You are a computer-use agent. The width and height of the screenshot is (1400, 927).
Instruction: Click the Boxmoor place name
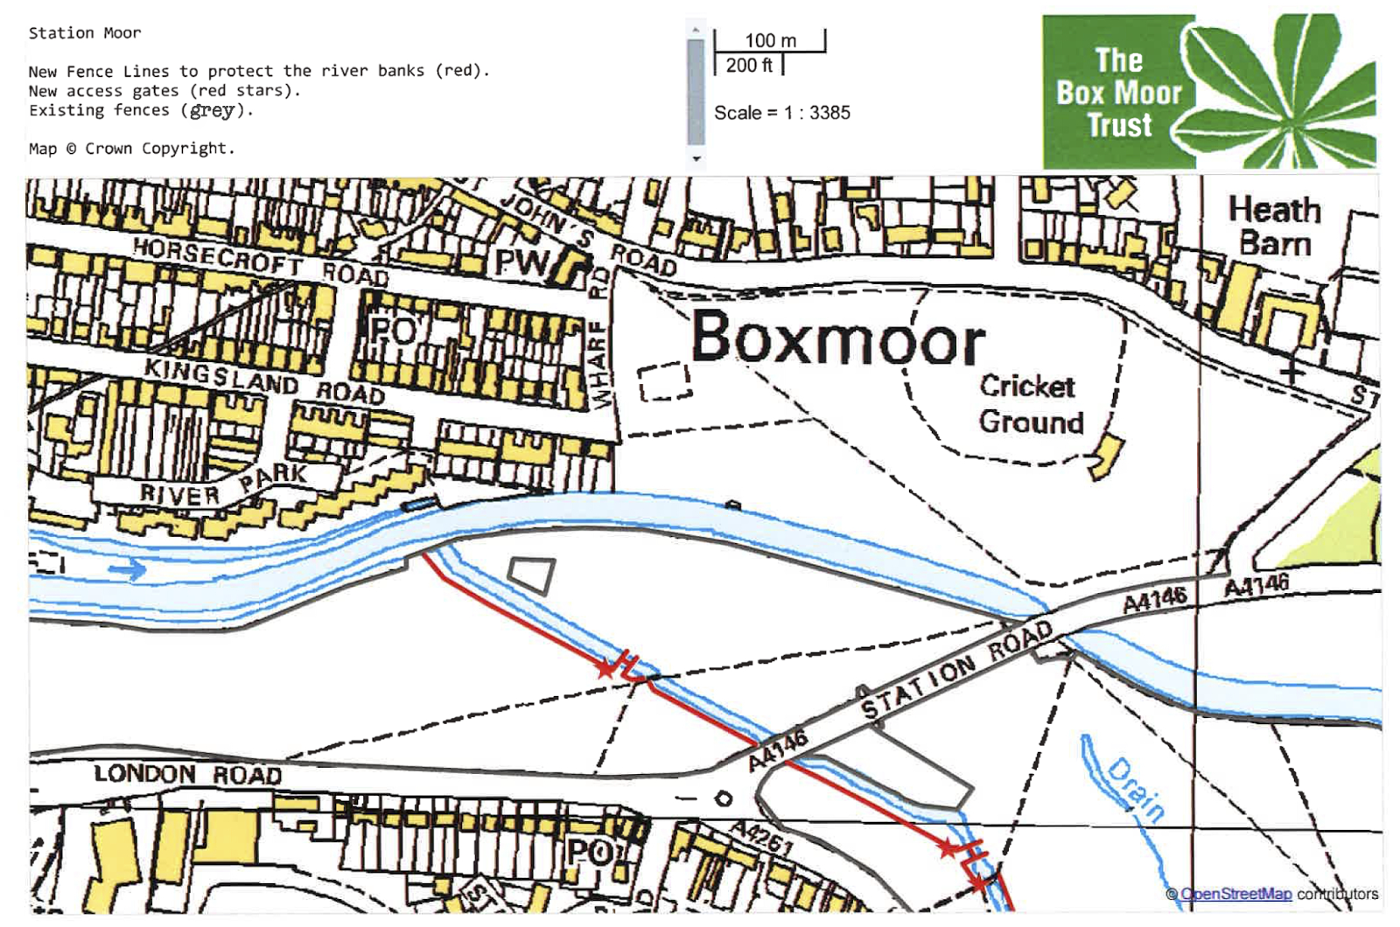click(x=837, y=338)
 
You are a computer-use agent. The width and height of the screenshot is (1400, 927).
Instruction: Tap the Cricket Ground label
click(x=1029, y=404)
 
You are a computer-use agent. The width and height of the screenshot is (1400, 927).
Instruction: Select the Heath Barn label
click(x=1274, y=227)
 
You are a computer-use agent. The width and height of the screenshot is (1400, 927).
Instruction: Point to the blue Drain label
click(x=1137, y=790)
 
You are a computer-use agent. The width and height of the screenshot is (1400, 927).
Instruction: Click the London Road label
click(x=187, y=774)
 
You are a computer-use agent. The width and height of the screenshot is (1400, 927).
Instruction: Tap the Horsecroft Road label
click(x=260, y=261)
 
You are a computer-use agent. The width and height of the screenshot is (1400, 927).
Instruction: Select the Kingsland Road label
click(x=263, y=380)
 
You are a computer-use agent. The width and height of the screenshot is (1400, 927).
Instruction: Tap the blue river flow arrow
click(x=128, y=571)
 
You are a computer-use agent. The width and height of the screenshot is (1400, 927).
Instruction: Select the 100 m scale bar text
click(x=770, y=40)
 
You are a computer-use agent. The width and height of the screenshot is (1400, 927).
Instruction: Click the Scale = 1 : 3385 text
click(x=781, y=113)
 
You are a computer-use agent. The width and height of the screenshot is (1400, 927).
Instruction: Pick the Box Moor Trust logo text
click(x=1118, y=93)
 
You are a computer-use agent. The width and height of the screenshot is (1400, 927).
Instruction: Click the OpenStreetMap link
click(x=1235, y=894)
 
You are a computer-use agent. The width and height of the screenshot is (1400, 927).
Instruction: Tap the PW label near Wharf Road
click(x=521, y=262)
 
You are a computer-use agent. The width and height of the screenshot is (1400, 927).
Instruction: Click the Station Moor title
click(x=84, y=33)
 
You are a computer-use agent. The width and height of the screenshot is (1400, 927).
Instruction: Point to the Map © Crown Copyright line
click(x=131, y=149)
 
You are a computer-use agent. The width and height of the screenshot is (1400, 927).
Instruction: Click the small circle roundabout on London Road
click(x=723, y=798)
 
